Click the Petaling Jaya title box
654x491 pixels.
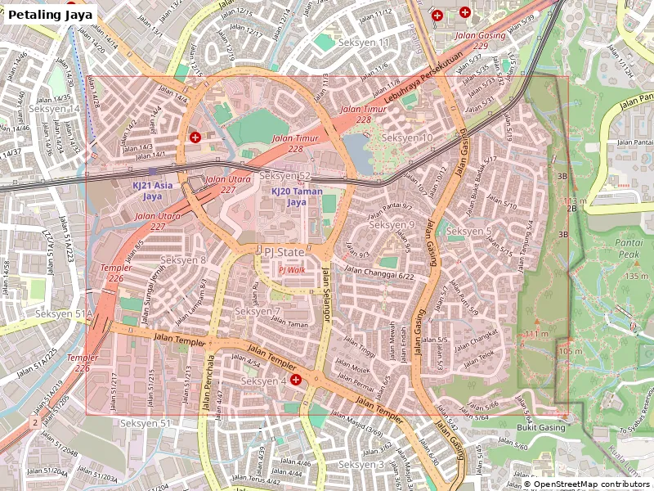pyautogui.click(x=51, y=14)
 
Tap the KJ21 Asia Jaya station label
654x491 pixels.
pyautogui.click(x=152, y=191)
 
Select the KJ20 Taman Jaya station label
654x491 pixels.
pyautogui.click(x=297, y=196)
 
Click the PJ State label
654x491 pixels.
pyautogui.click(x=284, y=252)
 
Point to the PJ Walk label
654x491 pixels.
pyautogui.click(x=291, y=269)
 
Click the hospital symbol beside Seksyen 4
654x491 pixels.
pyautogui.click(x=296, y=380)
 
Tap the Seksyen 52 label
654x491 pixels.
pyautogui.click(x=284, y=176)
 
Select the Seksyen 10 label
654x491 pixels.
pyautogui.click(x=407, y=137)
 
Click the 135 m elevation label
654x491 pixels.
pyautogui.click(x=636, y=276)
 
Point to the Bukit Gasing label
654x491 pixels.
pyautogui.click(x=540, y=427)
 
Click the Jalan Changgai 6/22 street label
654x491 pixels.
pyautogui.click(x=381, y=276)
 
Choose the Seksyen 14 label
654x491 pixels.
pyautogui.click(x=54, y=109)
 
